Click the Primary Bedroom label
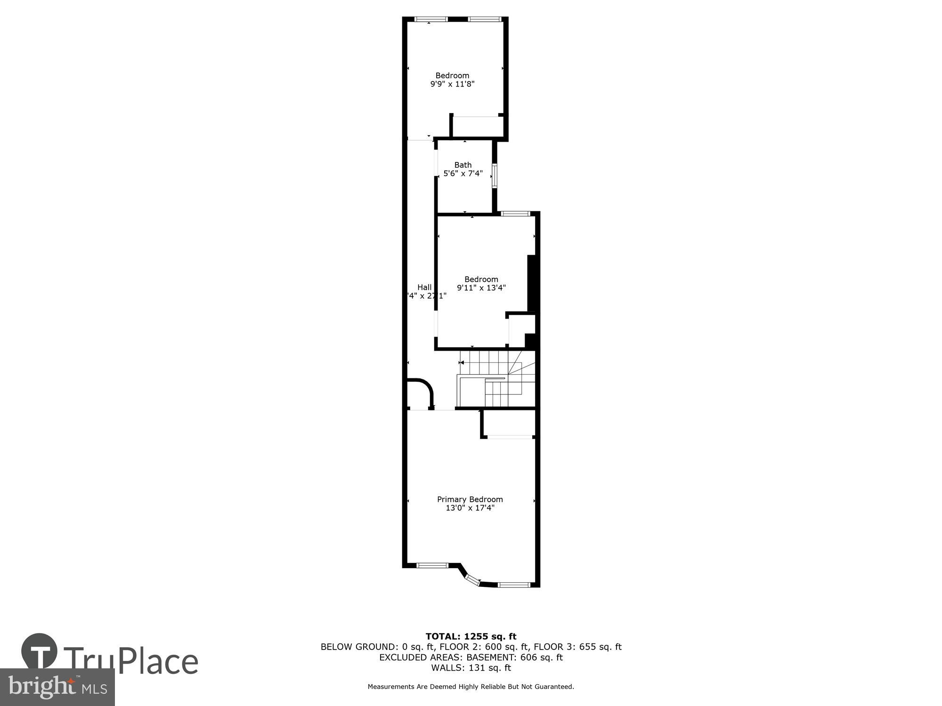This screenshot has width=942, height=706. click(x=470, y=499)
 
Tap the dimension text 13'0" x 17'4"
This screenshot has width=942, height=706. click(x=470, y=508)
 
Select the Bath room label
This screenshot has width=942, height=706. click(x=463, y=165)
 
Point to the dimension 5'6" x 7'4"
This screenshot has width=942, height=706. click(x=463, y=173)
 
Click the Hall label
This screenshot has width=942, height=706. click(x=424, y=287)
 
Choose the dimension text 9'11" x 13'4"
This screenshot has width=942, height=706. click(x=481, y=288)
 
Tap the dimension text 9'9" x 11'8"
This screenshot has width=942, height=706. click(x=452, y=84)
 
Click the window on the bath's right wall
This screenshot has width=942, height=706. click(x=495, y=176)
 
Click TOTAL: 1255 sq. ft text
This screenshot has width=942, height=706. click(x=471, y=636)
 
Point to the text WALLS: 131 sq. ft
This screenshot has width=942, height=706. click(x=471, y=667)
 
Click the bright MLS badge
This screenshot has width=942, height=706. click(x=57, y=687)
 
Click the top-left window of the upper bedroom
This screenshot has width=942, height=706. click(x=430, y=19)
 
